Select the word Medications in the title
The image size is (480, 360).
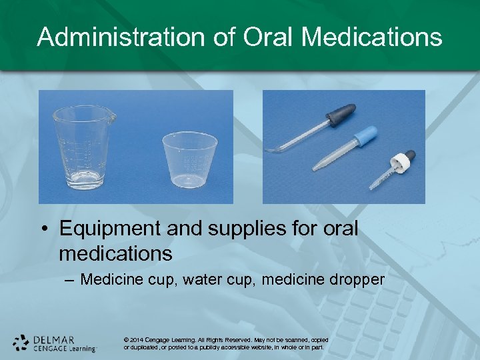click(371, 37)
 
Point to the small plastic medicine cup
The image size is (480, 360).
click(190, 160)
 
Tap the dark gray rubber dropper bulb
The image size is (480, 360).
click(341, 114)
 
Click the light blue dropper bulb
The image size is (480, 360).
click(365, 136)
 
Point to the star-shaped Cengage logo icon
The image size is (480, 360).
click(21, 343)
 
